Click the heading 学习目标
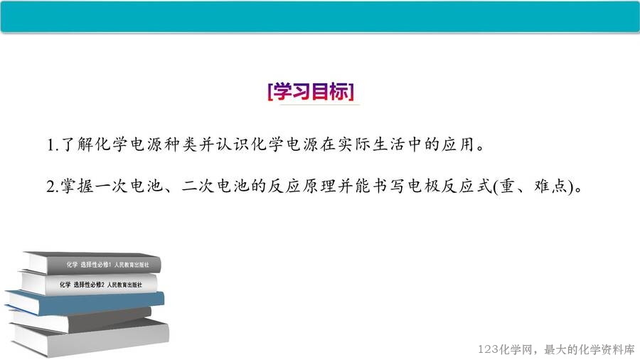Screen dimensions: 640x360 311,91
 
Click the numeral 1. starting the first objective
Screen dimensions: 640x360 53,145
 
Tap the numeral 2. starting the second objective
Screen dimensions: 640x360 53,186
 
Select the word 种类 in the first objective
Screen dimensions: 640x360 181,144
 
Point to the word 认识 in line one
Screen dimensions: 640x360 233,144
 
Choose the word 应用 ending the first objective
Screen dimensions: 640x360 457,144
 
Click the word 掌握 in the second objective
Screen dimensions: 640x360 77,186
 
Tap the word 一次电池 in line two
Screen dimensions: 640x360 129,186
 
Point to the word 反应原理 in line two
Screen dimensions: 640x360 302,186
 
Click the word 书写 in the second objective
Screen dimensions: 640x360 388,186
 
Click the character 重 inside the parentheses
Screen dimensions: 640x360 507,186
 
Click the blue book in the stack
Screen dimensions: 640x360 86,302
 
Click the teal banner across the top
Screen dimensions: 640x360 320,16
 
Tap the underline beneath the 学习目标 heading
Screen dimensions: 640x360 319,105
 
